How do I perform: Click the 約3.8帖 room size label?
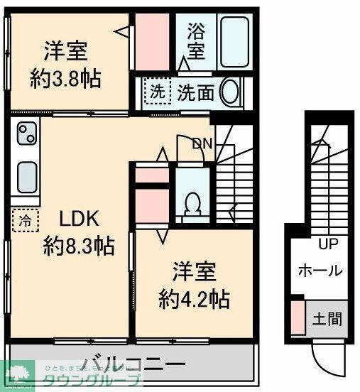pyautogui.click(x=65, y=76)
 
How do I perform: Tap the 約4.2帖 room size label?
pyautogui.click(x=193, y=298)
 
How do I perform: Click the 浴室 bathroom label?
pyautogui.click(x=197, y=40)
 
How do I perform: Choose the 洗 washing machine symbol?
pyautogui.click(x=156, y=92)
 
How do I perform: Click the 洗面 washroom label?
pyautogui.click(x=196, y=92)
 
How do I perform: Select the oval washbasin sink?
pyautogui.click(x=230, y=92)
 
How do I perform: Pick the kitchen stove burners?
pyautogui.click(x=26, y=132)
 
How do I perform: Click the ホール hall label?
pyautogui.click(x=320, y=271)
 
